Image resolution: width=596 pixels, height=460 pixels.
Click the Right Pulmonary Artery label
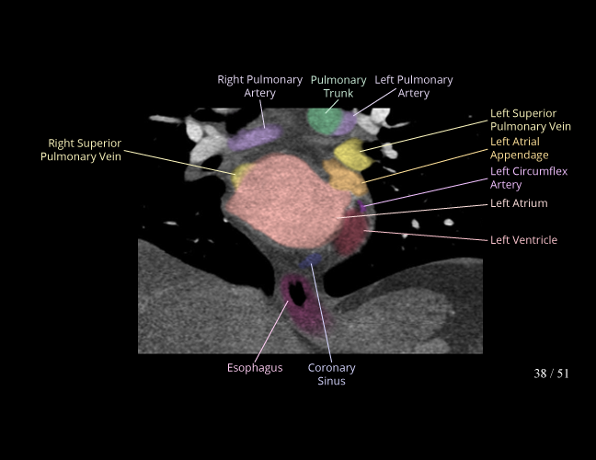(x=259, y=86)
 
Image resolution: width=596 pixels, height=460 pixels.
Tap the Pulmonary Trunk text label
(x=338, y=86)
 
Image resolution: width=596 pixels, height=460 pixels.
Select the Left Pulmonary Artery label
(x=413, y=86)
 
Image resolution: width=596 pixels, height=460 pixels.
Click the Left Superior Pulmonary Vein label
(x=530, y=120)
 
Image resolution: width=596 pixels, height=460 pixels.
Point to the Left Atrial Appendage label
(x=520, y=148)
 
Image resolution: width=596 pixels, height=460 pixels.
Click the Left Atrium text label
(x=519, y=203)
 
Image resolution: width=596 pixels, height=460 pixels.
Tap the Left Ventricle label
(x=523, y=240)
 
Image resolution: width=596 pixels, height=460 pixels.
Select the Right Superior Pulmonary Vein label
(x=81, y=150)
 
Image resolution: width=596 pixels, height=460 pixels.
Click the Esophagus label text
(x=255, y=368)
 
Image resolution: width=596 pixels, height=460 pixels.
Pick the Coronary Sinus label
(x=331, y=374)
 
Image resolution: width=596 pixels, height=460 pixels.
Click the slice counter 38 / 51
(x=551, y=374)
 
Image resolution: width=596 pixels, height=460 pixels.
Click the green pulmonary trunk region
(x=322, y=121)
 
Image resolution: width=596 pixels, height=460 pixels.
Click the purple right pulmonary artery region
(x=255, y=138)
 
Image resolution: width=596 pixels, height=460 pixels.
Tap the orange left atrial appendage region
(x=344, y=177)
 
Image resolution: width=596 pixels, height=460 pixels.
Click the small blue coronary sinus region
(x=314, y=261)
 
